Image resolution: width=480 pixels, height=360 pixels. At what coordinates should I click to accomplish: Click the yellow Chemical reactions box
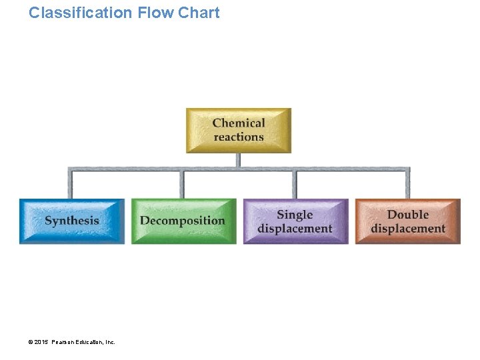click(239, 130)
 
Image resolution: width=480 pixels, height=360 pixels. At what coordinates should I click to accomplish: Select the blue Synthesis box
click(72, 221)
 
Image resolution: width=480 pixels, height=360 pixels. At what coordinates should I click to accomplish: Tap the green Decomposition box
click(183, 221)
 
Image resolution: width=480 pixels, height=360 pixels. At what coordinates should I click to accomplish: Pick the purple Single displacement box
click(295, 221)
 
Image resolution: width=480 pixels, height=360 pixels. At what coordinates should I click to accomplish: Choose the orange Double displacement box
click(407, 221)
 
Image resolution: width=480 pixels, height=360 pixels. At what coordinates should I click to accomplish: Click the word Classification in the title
click(80, 13)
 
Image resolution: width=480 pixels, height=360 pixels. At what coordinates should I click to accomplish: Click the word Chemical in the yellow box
click(239, 123)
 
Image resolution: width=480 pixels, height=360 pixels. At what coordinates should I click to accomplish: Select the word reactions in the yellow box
click(239, 137)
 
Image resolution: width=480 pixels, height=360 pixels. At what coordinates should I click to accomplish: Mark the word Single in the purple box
click(295, 214)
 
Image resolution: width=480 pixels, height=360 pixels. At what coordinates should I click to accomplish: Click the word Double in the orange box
click(408, 214)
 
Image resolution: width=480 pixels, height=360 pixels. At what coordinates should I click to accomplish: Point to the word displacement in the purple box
click(295, 228)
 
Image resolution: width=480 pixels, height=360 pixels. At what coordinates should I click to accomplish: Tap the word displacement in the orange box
click(408, 228)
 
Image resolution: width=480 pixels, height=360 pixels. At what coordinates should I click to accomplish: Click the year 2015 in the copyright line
click(42, 342)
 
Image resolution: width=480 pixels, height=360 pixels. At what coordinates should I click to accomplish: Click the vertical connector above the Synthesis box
click(70, 185)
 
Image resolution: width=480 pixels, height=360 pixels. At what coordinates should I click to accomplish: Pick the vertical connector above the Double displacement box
click(408, 185)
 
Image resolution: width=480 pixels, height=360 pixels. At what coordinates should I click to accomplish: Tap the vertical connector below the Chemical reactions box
click(239, 160)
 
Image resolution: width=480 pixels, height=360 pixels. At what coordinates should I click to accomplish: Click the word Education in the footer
click(91, 342)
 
